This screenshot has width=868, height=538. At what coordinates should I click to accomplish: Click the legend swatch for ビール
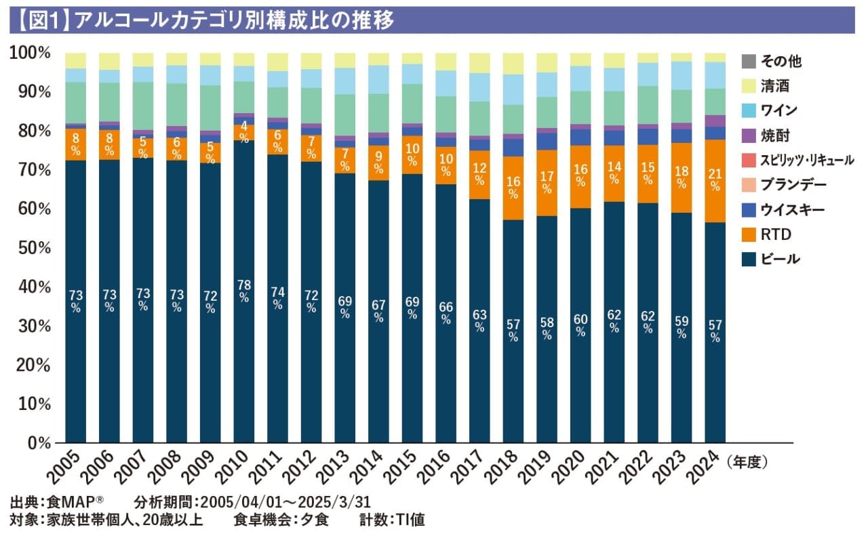(x=749, y=260)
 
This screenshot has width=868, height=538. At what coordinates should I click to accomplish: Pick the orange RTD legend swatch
(x=749, y=234)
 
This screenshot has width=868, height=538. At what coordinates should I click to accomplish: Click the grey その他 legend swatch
(x=749, y=61)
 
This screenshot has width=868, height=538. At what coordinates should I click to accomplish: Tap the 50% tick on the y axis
(x=29, y=247)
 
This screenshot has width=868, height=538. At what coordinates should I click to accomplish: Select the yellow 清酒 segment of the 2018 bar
(x=513, y=63)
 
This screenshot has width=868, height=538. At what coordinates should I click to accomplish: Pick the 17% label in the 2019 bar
(x=547, y=178)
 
